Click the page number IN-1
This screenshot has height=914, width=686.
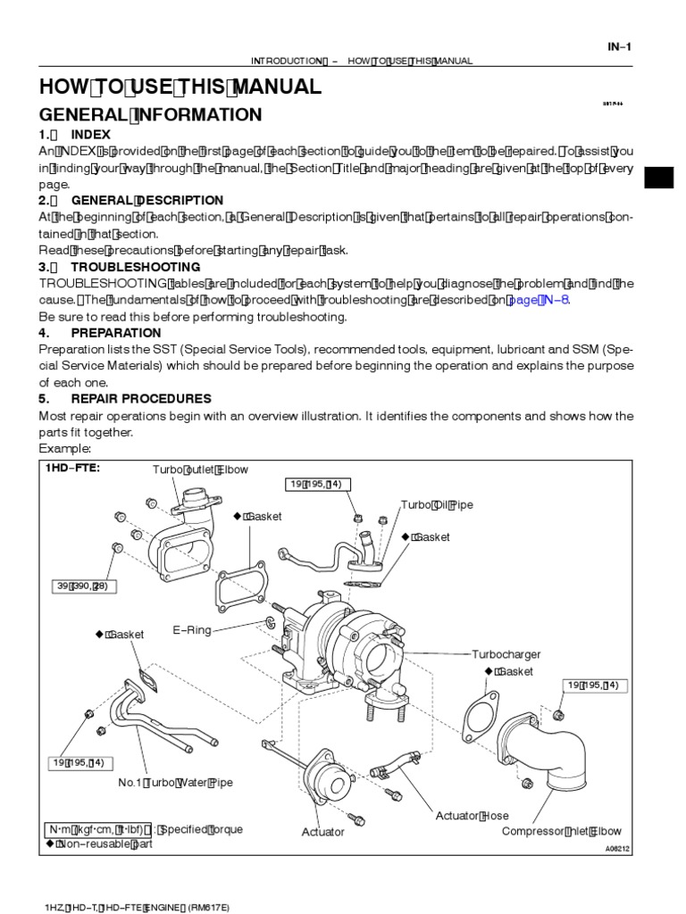pos(620,47)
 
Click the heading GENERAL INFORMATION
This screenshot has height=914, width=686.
pos(150,115)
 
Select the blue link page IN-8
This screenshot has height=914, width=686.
pos(538,300)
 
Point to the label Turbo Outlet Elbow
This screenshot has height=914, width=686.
pos(200,469)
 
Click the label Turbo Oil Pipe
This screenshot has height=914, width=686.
pos(437,505)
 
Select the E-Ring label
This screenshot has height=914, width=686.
pos(192,630)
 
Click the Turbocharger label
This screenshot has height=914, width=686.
pos(506,654)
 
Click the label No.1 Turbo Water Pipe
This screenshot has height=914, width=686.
pos(175,783)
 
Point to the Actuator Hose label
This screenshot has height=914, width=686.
pos(472,816)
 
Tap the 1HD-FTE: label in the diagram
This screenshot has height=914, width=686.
pos(72,468)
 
